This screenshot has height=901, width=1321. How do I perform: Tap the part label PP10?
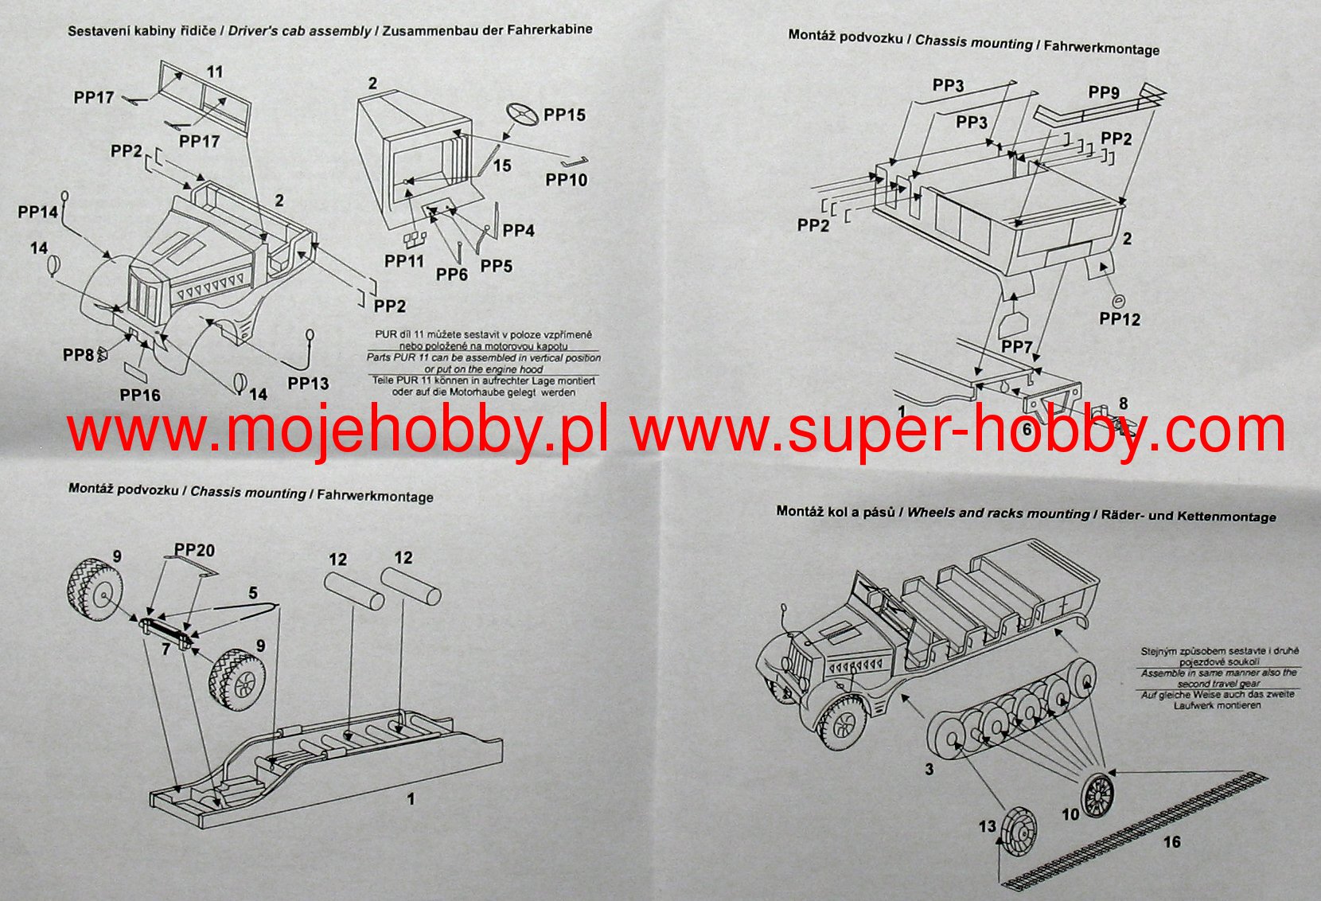[566, 180]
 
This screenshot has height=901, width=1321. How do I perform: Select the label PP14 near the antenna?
[38, 212]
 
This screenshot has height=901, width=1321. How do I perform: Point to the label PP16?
[140, 396]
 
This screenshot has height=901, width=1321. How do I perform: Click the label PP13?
[308, 384]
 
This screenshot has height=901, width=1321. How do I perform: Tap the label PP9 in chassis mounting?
[1104, 93]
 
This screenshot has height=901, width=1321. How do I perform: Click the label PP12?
[1120, 319]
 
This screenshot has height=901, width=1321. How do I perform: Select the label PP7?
[1017, 347]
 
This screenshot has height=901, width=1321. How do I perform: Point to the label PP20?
[194, 550]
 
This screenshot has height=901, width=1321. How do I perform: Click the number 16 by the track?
[1171, 842]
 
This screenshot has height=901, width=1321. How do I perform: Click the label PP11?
[404, 261]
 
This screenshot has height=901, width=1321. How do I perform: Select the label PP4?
[518, 231]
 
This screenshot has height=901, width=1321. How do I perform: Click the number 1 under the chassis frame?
[411, 798]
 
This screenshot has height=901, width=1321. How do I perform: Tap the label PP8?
[78, 354]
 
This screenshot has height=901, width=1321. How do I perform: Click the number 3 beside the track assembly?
[929, 770]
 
